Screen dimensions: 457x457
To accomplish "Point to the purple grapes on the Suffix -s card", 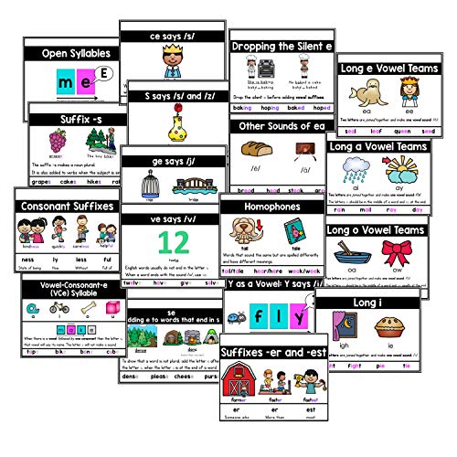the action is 57,142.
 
